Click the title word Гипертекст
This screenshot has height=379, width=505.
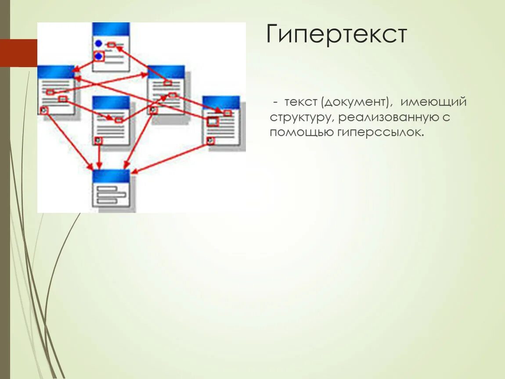click(336, 35)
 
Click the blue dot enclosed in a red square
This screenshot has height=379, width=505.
click(99, 56)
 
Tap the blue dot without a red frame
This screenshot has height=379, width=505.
click(98, 43)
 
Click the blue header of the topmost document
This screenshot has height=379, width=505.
click(111, 29)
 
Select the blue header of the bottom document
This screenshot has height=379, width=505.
click(111, 176)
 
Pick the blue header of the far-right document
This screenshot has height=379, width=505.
click(221, 102)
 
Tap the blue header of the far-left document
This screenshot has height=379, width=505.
click(56, 72)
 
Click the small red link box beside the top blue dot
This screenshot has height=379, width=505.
click(112, 45)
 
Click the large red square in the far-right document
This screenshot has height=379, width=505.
click(212, 122)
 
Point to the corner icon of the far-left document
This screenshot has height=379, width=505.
click(43, 110)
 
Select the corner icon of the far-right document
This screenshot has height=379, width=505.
click(210, 140)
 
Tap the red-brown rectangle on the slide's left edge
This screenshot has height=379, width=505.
click(18, 53)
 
